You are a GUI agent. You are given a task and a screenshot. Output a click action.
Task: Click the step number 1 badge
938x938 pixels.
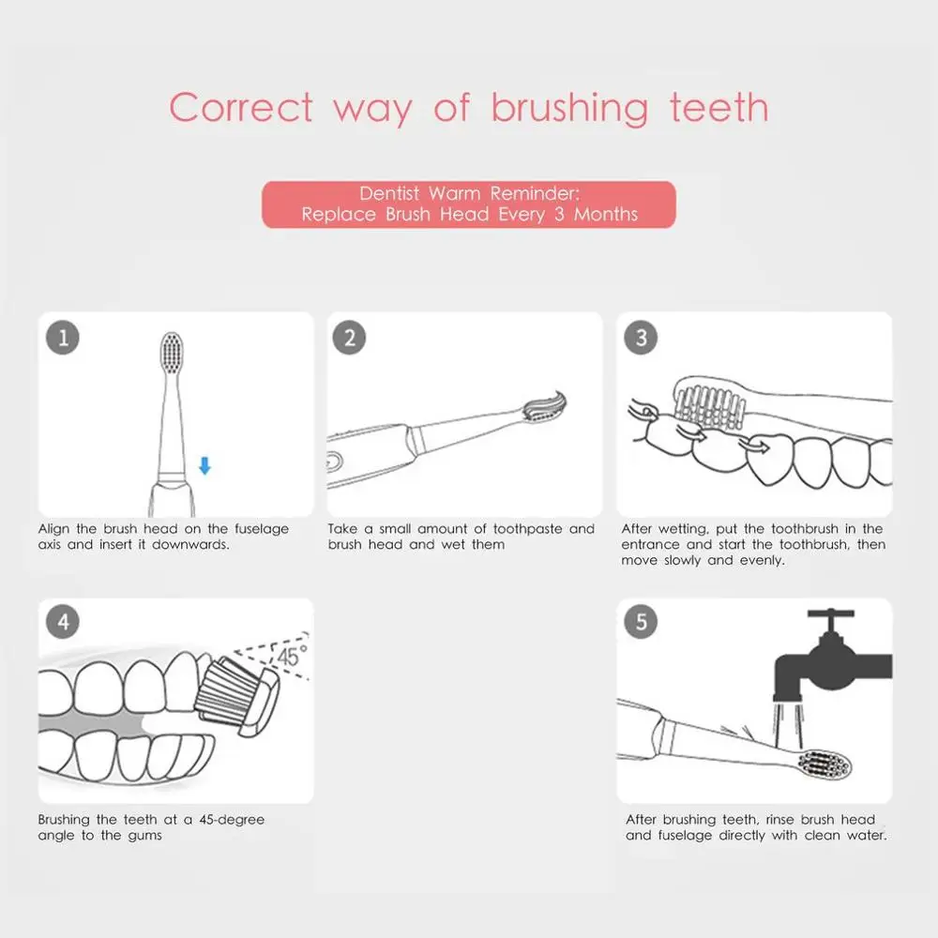pos(63,338)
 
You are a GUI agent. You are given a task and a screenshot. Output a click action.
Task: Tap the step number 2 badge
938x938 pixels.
pos(349,338)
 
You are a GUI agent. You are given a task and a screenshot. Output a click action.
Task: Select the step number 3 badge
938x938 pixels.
pos(641,338)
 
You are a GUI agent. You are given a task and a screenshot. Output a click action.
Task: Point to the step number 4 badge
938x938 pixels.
pos(63,622)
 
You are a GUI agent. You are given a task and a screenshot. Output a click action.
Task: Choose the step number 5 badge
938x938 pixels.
pos(641,622)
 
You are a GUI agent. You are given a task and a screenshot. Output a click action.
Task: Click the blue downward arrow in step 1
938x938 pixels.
pos(204,465)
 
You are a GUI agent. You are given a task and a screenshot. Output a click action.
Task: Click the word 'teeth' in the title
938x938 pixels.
pos(719,108)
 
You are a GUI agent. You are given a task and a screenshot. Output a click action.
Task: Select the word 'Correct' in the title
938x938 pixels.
pos(240,108)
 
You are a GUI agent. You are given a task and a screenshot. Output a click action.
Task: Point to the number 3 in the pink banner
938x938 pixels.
pos(559,214)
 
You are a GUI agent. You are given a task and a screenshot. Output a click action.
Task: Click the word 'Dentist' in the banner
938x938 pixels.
pos(389,193)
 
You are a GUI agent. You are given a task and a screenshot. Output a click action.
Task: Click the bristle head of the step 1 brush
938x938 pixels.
pos(172,354)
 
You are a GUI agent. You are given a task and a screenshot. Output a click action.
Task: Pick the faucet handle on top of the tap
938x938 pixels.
pos(830,613)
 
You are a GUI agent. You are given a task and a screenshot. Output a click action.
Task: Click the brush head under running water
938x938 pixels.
pos(825,764)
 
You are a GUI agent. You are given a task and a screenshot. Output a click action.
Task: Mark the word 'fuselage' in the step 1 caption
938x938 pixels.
pos(262,529)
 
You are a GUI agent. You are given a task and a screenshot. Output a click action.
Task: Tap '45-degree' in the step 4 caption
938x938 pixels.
pos(232,820)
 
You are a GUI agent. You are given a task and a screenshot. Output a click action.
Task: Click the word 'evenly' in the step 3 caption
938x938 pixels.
pos(762,561)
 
